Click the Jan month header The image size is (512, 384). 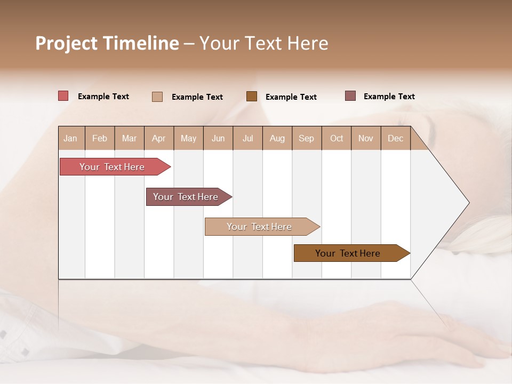click(x=70, y=138)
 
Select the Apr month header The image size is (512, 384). click(x=158, y=138)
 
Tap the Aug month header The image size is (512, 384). click(x=277, y=138)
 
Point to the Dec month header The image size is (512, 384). click(x=395, y=138)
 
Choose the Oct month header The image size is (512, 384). click(x=337, y=138)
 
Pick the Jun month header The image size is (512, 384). click(x=218, y=138)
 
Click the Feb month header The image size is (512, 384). click(x=100, y=138)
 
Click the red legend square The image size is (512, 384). click(x=63, y=96)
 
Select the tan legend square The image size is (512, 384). click(x=157, y=97)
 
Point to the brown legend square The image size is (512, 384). click(x=252, y=97)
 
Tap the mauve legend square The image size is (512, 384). click(x=350, y=96)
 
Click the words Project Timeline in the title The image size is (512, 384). click(x=107, y=43)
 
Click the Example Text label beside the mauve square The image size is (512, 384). click(x=389, y=97)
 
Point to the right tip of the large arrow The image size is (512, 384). click(x=468, y=203)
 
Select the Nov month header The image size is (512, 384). click(x=365, y=138)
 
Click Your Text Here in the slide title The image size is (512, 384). click(x=264, y=43)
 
